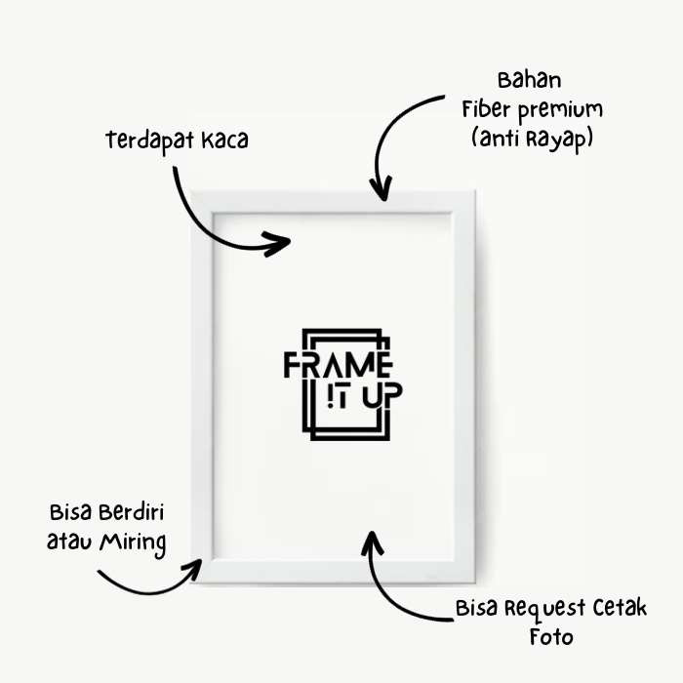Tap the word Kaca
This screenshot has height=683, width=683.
tap(225, 141)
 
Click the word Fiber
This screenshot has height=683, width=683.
tap(486, 108)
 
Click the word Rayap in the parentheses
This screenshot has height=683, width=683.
tap(560, 139)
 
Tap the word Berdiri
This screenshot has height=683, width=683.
tap(131, 512)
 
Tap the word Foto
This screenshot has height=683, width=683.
tap(551, 637)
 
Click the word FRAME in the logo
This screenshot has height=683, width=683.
tap(338, 366)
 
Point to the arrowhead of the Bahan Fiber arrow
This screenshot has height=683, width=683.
tap(383, 188)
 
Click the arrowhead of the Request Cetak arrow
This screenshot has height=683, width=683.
tap(370, 540)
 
